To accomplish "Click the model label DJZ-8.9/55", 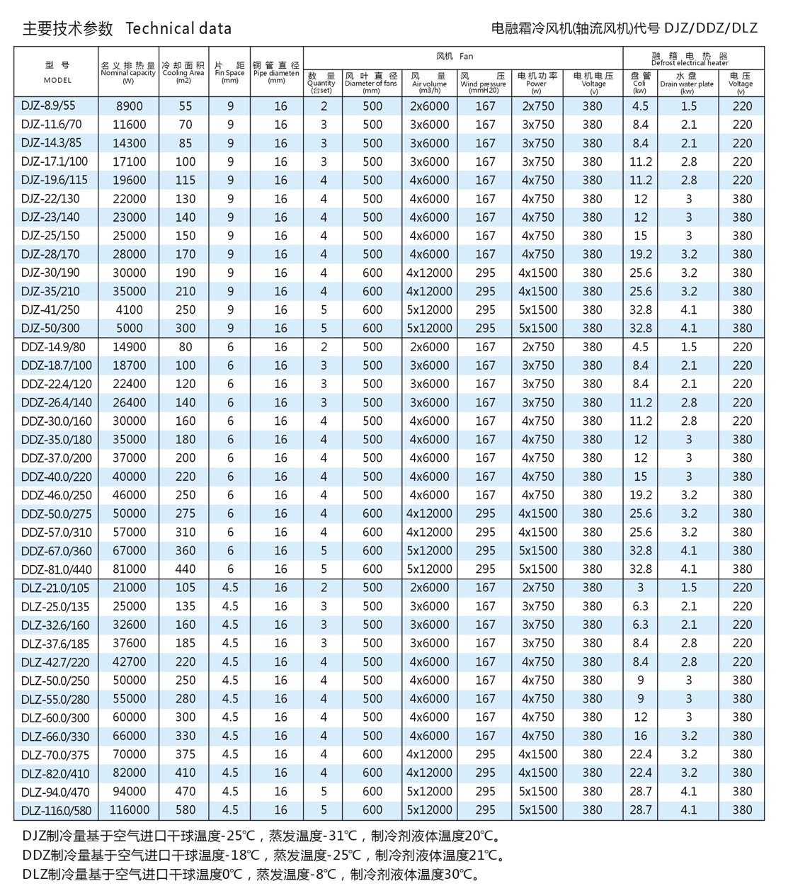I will click(x=48, y=106).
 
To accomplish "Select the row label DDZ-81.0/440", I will click(x=56, y=569).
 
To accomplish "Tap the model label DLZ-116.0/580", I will click(x=56, y=809).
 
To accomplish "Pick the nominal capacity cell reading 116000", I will click(x=129, y=809).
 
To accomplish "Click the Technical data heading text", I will click(x=178, y=28).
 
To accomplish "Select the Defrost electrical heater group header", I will click(x=690, y=58).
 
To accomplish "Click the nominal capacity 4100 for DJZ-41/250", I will click(x=129, y=309).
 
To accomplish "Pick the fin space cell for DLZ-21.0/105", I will click(x=230, y=587).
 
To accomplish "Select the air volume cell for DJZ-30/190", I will click(x=429, y=273).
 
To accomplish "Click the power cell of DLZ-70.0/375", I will click(x=537, y=754).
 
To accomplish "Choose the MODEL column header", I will click(x=57, y=73).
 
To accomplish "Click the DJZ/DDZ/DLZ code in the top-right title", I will click(x=710, y=28).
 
